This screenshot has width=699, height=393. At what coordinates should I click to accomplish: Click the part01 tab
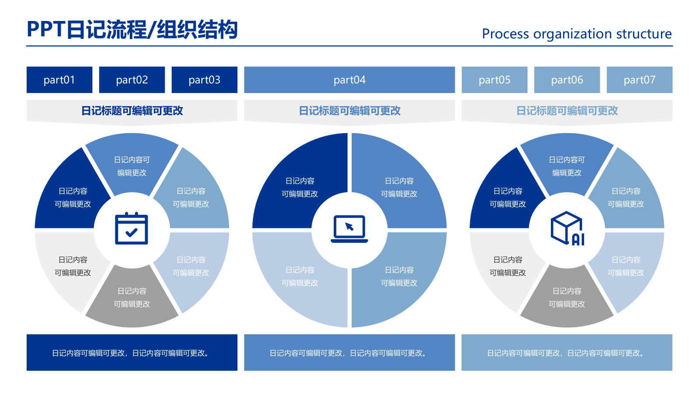pyautogui.click(x=59, y=80)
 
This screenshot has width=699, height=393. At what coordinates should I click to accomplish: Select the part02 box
pyautogui.click(x=132, y=80)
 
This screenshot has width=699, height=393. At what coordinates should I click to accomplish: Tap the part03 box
pyautogui.click(x=204, y=80)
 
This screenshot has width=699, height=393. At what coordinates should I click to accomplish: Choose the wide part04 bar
pyautogui.click(x=349, y=80)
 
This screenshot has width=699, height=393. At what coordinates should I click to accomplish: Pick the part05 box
pyautogui.click(x=495, y=80)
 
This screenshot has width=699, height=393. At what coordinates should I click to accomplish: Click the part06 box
pyautogui.click(x=567, y=80)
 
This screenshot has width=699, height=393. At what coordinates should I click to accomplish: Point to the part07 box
pyautogui.click(x=640, y=80)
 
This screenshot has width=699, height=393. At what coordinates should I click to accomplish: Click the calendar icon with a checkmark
pyautogui.click(x=131, y=228)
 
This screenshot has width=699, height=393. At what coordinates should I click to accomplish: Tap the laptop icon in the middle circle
pyautogui.click(x=349, y=228)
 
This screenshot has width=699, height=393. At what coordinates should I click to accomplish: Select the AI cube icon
pyautogui.click(x=567, y=228)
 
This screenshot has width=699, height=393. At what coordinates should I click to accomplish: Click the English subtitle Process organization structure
pyautogui.click(x=577, y=34)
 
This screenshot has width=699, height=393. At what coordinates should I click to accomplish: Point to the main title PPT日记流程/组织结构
pyautogui.click(x=132, y=30)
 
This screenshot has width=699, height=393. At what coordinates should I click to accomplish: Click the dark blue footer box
pyautogui.click(x=132, y=352)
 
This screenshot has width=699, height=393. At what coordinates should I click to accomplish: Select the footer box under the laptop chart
pyautogui.click(x=349, y=352)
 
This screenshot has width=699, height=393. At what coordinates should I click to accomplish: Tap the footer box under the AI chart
pyautogui.click(x=567, y=352)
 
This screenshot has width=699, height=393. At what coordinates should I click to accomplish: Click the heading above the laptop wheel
pyautogui.click(x=349, y=111)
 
